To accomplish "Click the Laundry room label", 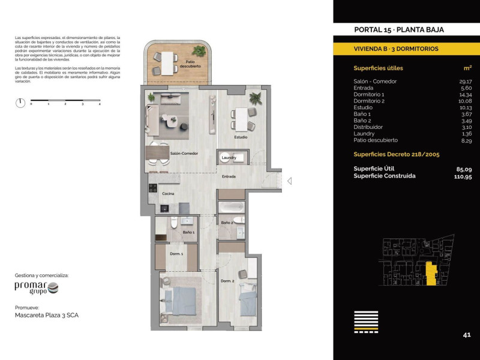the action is pyautogui.click(x=229, y=158).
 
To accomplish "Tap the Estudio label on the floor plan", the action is pyautogui.click(x=241, y=137).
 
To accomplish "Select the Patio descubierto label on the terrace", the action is pyautogui.click(x=190, y=64).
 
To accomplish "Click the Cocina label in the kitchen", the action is pyautogui.click(x=168, y=193).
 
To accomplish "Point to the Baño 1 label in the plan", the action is pyautogui.click(x=188, y=232).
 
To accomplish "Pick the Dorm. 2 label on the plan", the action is pyautogui.click(x=227, y=281).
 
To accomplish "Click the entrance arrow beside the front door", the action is pyautogui.click(x=289, y=181).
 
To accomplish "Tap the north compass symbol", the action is pyautogui.click(x=20, y=103).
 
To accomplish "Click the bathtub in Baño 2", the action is pyautogui.click(x=232, y=207).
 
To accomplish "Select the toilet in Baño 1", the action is pyautogui.click(x=174, y=223).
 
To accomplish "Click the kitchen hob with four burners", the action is pyautogui.click(x=153, y=188).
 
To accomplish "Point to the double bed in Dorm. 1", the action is pyautogui.click(x=181, y=301).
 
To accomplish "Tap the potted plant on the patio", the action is pyautogui.click(x=199, y=51).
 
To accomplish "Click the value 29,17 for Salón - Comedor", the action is pyautogui.click(x=466, y=82).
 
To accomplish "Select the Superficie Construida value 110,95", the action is pyautogui.click(x=463, y=176).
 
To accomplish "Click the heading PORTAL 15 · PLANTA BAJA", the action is pyautogui.click(x=399, y=29).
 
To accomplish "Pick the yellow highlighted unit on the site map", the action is pyautogui.click(x=431, y=274).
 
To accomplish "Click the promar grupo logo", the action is pyautogui.click(x=37, y=288).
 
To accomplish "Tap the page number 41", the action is pyautogui.click(x=467, y=335).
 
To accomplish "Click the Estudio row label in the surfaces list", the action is pyautogui.click(x=363, y=107).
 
